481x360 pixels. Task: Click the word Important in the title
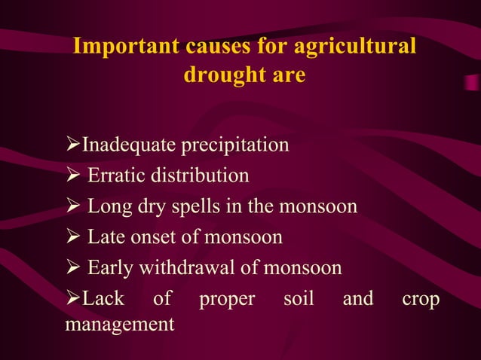pos(124,46)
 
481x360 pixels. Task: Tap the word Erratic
pos(113,175)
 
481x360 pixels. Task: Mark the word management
pos(119,325)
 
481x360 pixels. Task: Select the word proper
pos(227,298)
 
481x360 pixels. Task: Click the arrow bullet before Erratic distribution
pos(73,175)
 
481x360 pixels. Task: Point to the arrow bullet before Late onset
pos(73,237)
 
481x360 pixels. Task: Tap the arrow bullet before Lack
pos(73,298)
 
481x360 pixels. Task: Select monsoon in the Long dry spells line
pos(320,206)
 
